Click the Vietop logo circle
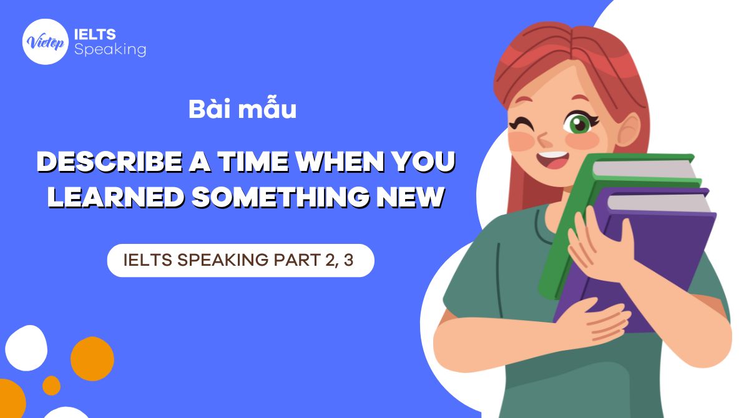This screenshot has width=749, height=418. point(45,42)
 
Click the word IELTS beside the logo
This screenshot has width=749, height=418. point(94,34)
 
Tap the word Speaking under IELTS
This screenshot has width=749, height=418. point(110,49)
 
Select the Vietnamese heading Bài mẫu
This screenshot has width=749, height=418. point(242,110)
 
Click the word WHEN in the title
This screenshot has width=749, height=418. point(340,163)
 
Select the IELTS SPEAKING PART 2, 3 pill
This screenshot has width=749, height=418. point(240,260)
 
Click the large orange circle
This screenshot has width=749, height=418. point(92,359)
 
